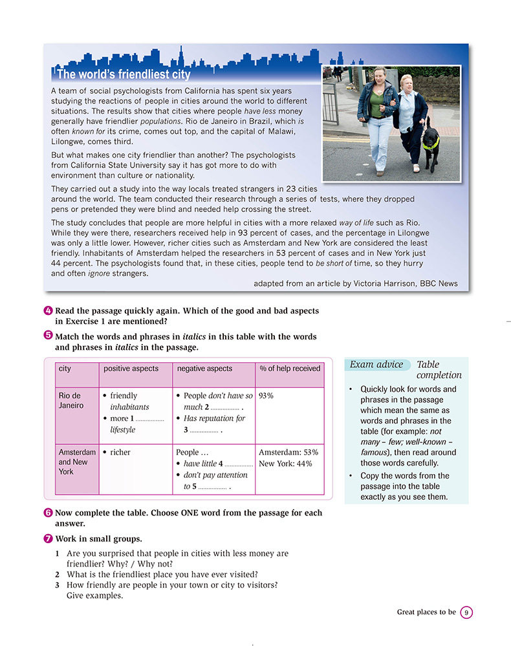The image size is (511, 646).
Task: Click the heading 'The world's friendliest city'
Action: [124, 74]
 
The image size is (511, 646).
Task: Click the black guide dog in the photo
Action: [430, 145]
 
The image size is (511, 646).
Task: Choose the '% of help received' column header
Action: [290, 369]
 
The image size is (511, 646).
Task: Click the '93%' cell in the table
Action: [266, 396]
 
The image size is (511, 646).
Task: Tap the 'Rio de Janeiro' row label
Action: [71, 400]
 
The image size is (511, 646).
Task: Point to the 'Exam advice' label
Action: [376, 365]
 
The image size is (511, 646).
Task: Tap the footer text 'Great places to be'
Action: [426, 612]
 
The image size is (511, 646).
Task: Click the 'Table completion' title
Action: [439, 370]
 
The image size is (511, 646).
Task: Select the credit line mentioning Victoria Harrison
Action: [355, 283]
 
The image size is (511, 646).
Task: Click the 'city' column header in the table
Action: [65, 369]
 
